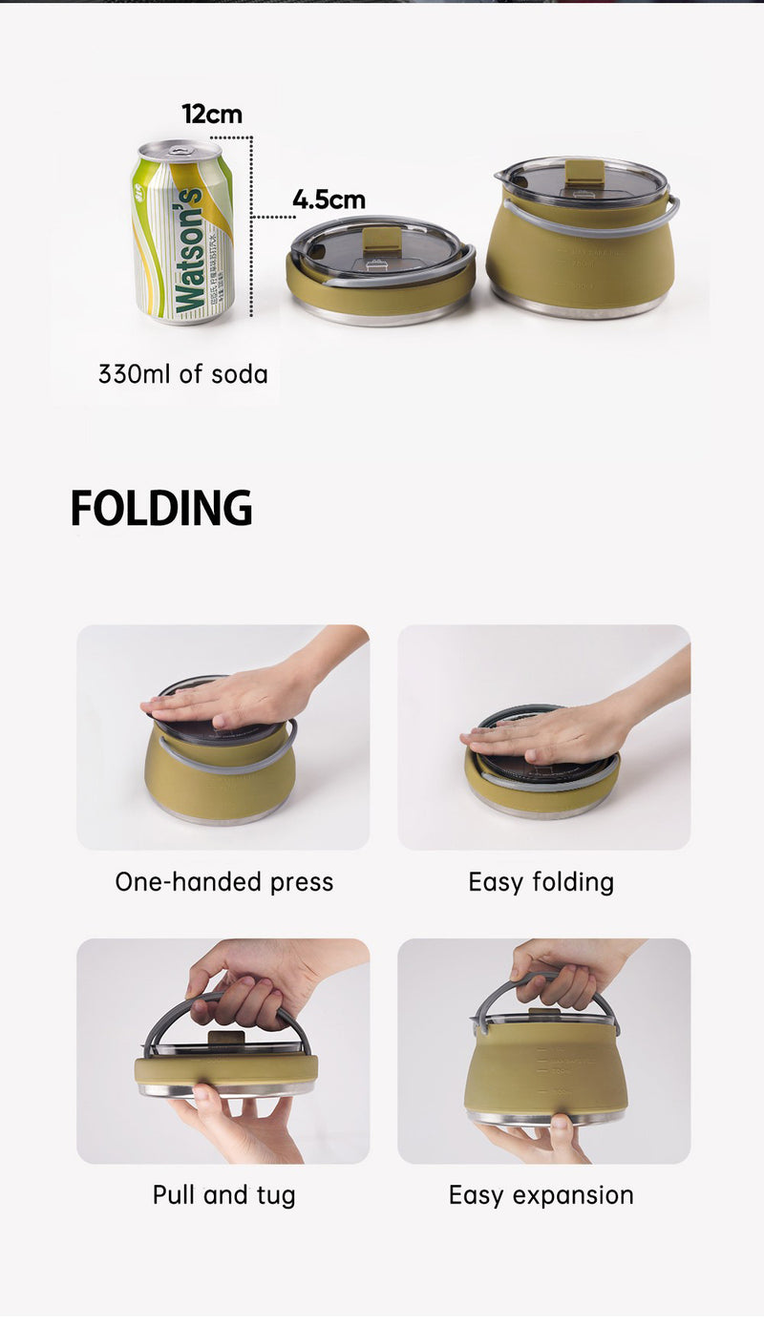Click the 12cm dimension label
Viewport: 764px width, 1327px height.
212,115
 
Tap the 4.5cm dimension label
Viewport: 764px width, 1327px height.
329,200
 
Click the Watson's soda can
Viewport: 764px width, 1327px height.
181,234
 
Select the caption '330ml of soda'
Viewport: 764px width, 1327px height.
182,374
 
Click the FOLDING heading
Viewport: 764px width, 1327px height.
161,509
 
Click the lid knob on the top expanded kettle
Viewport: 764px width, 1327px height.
584,172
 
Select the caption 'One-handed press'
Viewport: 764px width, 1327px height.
223,882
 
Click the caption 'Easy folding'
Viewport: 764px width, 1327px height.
541,882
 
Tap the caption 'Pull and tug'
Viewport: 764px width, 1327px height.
223,1195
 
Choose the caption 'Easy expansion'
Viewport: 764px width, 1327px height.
541,1195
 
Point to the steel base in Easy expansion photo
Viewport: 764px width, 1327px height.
545,1117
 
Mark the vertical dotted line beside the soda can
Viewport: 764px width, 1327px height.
251,229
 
